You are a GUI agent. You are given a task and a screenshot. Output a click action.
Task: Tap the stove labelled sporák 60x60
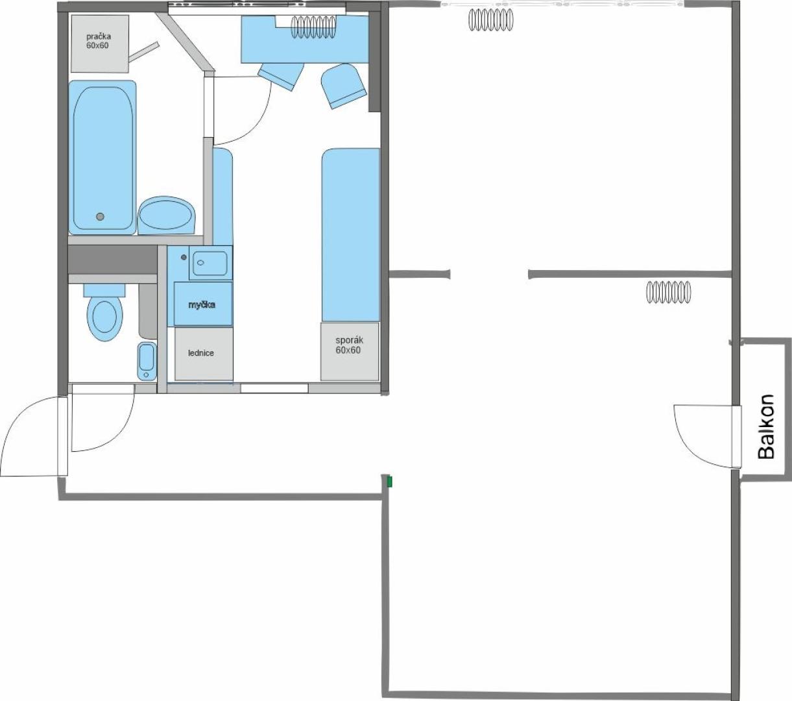(350, 351)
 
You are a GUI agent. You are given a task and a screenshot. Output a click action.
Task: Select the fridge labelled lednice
(204, 354)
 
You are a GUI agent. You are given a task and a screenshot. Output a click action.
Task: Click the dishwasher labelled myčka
(203, 304)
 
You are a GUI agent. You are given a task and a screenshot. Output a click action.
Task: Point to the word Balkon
(766, 427)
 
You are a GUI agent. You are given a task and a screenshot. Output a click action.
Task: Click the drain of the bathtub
(101, 216)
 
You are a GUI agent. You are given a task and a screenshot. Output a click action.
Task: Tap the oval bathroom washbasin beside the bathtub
(167, 215)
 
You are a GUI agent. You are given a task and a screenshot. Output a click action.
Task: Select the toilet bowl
(105, 317)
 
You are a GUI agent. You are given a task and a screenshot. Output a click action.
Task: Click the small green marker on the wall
(389, 482)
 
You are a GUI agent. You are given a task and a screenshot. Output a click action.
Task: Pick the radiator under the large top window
(490, 20)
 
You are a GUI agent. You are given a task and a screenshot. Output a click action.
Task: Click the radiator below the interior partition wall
(669, 292)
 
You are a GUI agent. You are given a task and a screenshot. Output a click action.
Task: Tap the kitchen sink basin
(210, 262)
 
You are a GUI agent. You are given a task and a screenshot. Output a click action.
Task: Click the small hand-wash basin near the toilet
(147, 361)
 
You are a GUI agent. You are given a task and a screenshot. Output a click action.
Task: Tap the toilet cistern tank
(104, 290)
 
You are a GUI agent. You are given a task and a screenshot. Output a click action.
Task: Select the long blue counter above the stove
(351, 235)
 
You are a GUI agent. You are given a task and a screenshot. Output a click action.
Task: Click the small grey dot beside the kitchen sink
(184, 257)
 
